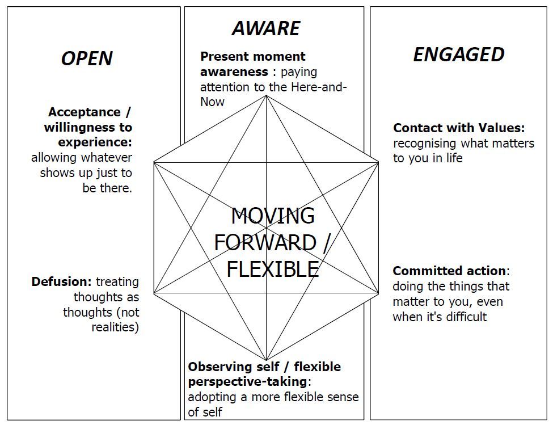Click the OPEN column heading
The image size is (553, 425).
pyautogui.click(x=86, y=58)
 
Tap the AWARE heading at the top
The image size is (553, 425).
pyautogui.click(x=266, y=28)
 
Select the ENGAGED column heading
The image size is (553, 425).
pyautogui.click(x=458, y=54)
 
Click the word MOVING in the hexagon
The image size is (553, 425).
pyautogui.click(x=273, y=216)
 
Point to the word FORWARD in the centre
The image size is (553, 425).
pyautogui.click(x=264, y=242)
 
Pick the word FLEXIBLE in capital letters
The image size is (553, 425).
pyautogui.click(x=272, y=268)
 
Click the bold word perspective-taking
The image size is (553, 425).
pyautogui.click(x=247, y=381)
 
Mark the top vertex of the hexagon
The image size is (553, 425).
pyautogui.click(x=266, y=96)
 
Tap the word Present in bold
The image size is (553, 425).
pyautogui.click(x=225, y=57)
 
